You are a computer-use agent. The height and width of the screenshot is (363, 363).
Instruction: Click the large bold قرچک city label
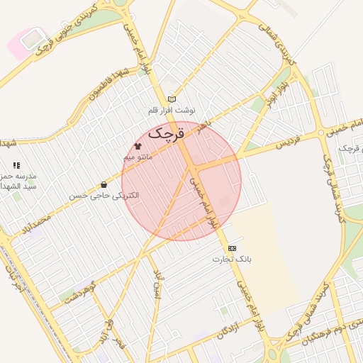click(167, 132)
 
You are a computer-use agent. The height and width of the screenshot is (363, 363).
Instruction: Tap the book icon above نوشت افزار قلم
click(171, 99)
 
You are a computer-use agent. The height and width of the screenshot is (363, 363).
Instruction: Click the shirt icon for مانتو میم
click(138, 145)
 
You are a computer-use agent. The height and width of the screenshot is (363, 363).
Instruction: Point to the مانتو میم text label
click(138, 155)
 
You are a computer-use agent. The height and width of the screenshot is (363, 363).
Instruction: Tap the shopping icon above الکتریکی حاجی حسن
click(104, 184)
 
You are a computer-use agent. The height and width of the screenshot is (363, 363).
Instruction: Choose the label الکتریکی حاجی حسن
click(104, 194)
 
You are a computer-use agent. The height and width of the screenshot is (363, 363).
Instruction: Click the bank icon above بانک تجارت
click(232, 249)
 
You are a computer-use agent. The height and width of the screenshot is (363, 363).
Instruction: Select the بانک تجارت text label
click(232, 259)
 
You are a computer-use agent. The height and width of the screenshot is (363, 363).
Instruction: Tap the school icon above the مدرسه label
click(16, 165)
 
